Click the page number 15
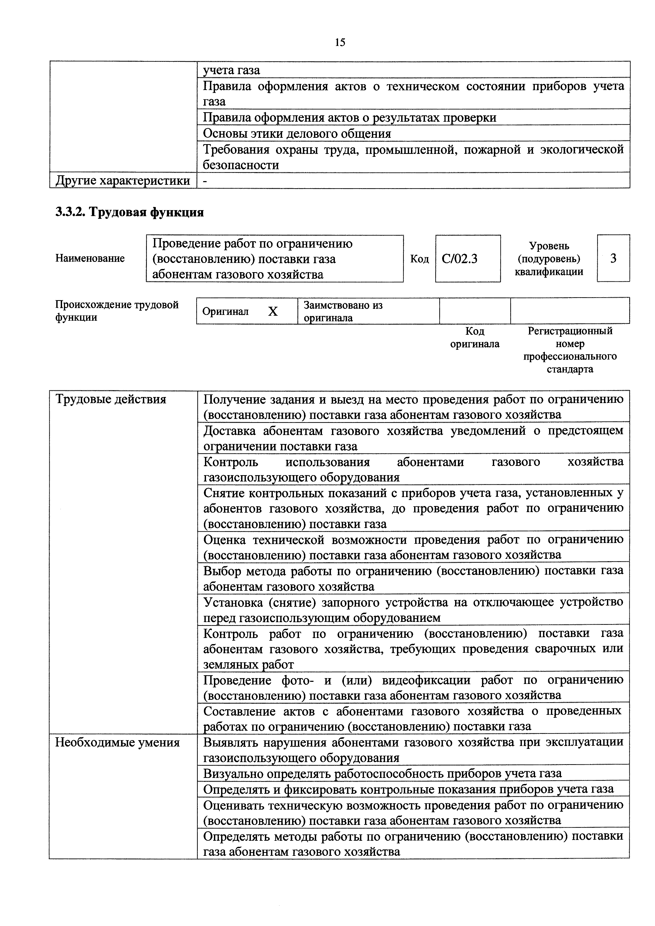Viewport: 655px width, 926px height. pos(340,42)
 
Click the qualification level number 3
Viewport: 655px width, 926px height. pos(613,258)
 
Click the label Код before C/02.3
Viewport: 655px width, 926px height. pos(419,258)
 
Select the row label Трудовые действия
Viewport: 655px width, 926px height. pos(111,399)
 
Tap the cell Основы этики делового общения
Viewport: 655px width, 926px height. pos(297,133)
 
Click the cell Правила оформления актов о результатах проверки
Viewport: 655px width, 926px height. pos(349,117)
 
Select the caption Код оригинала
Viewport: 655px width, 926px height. pos(475,338)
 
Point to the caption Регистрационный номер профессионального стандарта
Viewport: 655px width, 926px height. pos(570,350)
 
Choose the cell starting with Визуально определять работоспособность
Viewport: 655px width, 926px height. pos(382,773)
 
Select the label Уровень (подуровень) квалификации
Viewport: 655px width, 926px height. pos(549,258)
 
